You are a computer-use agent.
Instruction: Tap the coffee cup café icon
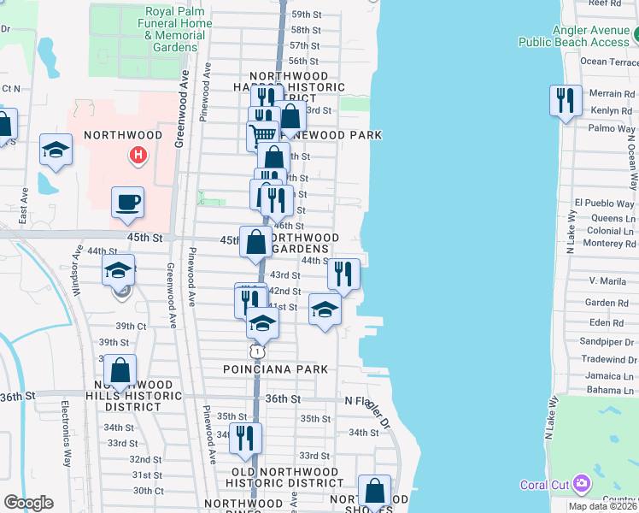point(127,203)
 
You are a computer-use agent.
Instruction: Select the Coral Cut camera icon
point(582,485)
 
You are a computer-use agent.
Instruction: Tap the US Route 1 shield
point(256,351)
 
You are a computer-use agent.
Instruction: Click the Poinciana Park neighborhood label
point(270,369)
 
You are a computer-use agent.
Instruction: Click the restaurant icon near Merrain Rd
point(565,100)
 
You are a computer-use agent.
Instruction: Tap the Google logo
point(28,502)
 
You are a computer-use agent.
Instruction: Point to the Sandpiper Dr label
point(607,341)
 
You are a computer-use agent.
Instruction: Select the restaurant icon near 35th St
point(245,437)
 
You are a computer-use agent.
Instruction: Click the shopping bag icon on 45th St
point(256,242)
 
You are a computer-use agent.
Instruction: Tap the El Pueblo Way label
point(605,203)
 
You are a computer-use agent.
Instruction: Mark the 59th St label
point(305,15)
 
